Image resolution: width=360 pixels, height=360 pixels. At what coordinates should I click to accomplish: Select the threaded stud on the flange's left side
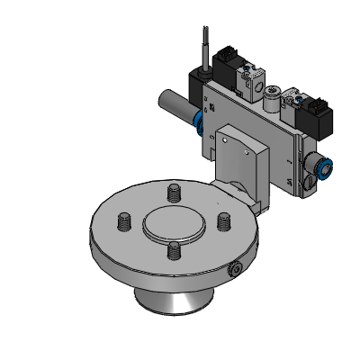pos(124,220)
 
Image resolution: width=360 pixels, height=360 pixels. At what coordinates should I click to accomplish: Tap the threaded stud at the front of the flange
pos(173,250)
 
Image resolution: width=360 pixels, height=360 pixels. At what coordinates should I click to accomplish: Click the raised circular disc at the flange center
pos(173,220)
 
